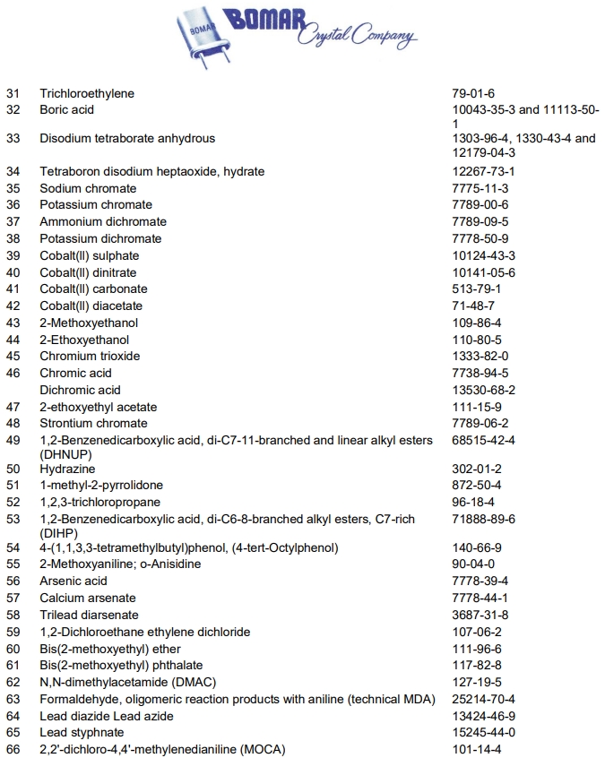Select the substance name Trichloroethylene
point(87,93)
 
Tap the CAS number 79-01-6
point(473,93)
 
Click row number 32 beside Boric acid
point(13,110)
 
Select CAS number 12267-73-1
point(484,171)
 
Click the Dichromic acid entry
point(80,390)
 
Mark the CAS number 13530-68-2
point(484,390)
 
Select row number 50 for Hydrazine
point(13,469)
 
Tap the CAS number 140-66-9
point(477,547)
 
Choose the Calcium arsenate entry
point(88,598)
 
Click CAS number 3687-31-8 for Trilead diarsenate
point(480,615)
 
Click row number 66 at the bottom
point(13,749)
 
